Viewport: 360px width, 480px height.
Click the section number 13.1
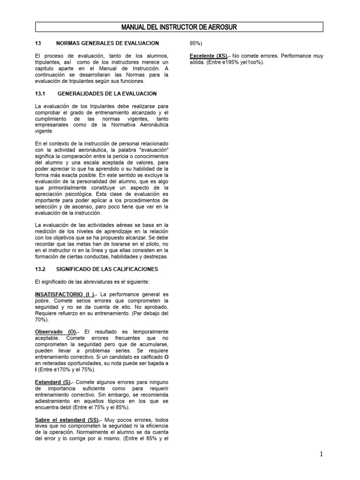pos(40,94)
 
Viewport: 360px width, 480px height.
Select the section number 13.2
pos(40,269)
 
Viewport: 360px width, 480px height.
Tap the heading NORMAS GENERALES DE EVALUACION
pos(107,43)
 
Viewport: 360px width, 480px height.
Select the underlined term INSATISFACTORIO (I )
pos(63,294)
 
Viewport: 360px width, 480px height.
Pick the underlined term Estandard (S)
pos(53,382)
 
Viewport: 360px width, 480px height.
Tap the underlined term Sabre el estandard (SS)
pos(67,420)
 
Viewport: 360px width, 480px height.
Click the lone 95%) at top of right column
pos(196,43)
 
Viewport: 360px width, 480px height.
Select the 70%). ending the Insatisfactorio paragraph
pos(42,319)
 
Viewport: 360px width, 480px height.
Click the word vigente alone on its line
pos(44,131)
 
